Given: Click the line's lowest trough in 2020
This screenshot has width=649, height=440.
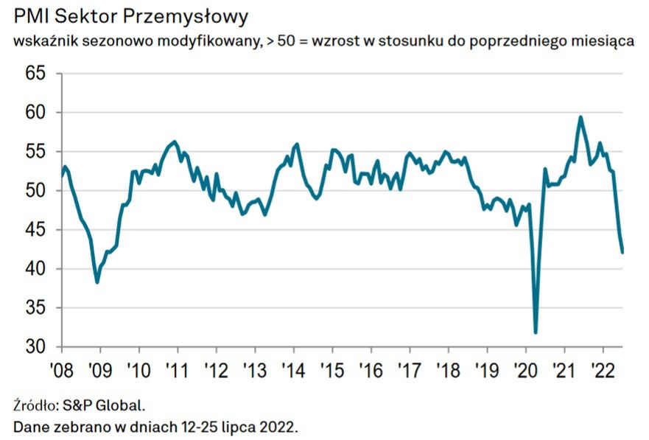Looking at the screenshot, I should pyautogui.click(x=536, y=332).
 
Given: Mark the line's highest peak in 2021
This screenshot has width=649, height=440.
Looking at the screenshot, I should pyautogui.click(x=581, y=116).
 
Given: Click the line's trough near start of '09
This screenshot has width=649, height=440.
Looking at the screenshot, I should pyautogui.click(x=97, y=282).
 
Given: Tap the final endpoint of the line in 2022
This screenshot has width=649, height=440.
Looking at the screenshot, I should pyautogui.click(x=622, y=252).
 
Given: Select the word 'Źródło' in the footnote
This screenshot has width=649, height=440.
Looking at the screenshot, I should pyautogui.click(x=35, y=405).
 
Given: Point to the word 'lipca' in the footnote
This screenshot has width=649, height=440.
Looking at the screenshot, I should pyautogui.click(x=249, y=426).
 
